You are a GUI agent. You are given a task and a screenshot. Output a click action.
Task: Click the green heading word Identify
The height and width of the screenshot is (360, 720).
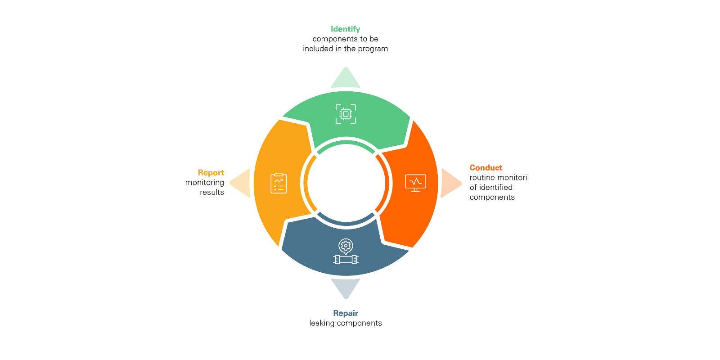pyautogui.click(x=345, y=29)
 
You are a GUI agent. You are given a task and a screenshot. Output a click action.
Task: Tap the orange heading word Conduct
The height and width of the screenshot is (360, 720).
pyautogui.click(x=486, y=168)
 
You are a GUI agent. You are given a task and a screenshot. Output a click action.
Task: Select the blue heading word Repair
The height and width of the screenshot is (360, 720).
pyautogui.click(x=345, y=313)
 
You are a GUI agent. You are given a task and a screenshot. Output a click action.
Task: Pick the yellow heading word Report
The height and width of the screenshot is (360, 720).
pyautogui.click(x=211, y=173)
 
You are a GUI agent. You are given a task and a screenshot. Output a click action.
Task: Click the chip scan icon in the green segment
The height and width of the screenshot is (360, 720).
pyautogui.click(x=346, y=114)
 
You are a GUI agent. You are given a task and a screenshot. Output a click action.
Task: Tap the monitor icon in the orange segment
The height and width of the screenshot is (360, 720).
pyautogui.click(x=415, y=183)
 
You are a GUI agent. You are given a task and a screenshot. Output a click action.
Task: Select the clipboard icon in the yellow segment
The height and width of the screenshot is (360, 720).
pyautogui.click(x=279, y=183)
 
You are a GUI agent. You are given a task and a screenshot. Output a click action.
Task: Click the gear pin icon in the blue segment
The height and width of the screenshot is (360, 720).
pyautogui.click(x=346, y=246)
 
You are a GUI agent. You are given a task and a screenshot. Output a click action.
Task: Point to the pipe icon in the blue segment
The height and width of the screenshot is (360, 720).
pyautogui.click(x=346, y=260)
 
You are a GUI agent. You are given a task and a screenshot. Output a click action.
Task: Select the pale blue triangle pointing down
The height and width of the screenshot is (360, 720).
pyautogui.click(x=346, y=287)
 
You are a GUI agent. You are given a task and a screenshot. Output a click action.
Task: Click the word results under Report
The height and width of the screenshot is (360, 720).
pyautogui.click(x=211, y=193)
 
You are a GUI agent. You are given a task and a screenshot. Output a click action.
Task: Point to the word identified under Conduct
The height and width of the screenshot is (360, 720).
pyautogui.click(x=495, y=188)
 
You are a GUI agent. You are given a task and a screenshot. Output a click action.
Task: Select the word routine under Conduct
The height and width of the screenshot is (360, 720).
pyautogui.click(x=482, y=178)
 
